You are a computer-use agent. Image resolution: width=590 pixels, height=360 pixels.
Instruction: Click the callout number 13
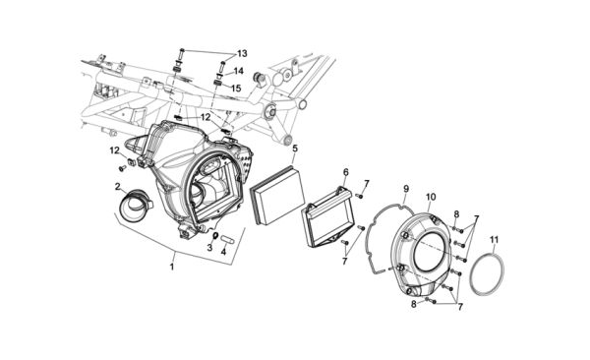tap(242, 53)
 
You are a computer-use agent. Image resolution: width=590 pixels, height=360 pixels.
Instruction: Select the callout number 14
tap(239, 71)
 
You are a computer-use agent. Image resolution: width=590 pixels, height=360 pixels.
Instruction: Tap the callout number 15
tap(236, 89)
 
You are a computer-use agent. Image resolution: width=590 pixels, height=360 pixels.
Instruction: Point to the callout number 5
tap(295, 148)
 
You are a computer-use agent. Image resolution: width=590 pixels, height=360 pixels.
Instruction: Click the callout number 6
tap(346, 172)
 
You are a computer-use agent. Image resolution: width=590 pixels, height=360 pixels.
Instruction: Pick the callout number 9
tap(406, 188)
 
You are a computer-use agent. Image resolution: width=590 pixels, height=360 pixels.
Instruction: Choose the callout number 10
tap(431, 197)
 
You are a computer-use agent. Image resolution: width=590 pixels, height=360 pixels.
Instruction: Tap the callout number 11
tap(494, 239)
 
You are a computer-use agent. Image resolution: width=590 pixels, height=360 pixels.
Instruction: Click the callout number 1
tap(172, 267)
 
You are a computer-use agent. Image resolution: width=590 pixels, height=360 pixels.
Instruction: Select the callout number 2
tap(118, 187)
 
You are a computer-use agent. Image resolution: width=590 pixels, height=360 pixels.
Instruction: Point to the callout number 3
tap(209, 248)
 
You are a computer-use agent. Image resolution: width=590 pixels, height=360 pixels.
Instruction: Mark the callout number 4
tap(223, 252)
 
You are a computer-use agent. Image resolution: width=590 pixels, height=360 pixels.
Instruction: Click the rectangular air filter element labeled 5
tap(277, 196)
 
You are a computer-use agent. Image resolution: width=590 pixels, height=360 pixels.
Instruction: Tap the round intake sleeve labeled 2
tap(134, 206)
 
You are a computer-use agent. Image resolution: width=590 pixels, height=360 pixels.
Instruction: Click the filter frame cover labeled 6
tap(327, 217)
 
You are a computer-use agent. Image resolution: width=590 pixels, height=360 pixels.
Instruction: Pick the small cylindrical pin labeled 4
tap(228, 239)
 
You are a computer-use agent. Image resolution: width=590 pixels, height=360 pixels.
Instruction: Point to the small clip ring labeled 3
tap(215, 236)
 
